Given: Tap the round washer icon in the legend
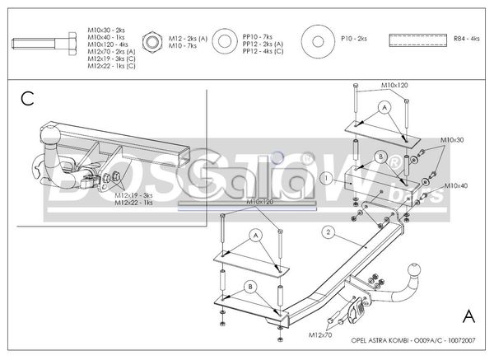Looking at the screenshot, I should coord(316,39).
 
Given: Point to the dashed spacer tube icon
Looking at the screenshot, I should coord(414,39).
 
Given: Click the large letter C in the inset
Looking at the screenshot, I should coord(27,100).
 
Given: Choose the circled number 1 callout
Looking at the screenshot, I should coord(326,177).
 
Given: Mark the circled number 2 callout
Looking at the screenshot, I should coord(328,232).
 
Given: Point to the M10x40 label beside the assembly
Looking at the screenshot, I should coord(456,186).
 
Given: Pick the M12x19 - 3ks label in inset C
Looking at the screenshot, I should coord(134,195).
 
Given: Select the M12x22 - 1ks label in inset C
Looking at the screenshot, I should coord(134,203).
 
